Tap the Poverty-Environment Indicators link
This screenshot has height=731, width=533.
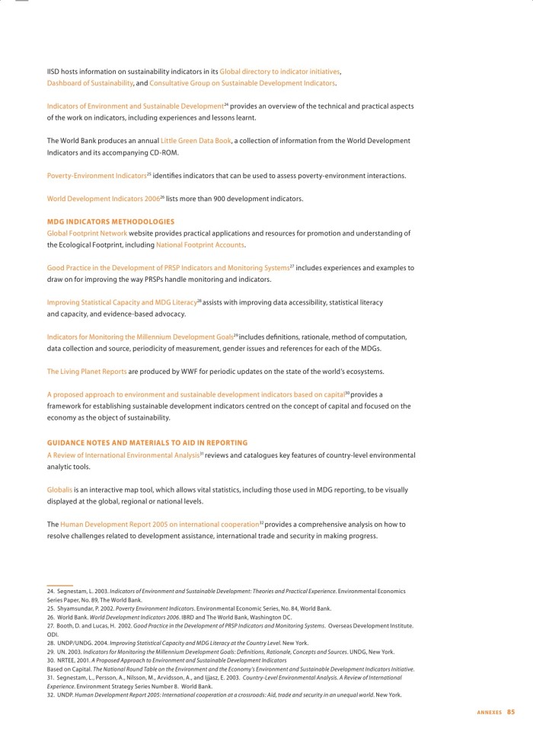[x=96, y=176]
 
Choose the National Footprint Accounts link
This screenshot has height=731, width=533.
[x=199, y=245]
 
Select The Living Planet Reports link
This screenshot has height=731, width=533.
[x=87, y=372]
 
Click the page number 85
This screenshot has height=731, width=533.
[x=511, y=712]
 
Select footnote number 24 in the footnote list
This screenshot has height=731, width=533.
[x=51, y=591]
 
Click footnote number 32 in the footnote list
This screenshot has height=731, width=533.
[x=51, y=695]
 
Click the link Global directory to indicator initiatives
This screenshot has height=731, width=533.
[x=279, y=71]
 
